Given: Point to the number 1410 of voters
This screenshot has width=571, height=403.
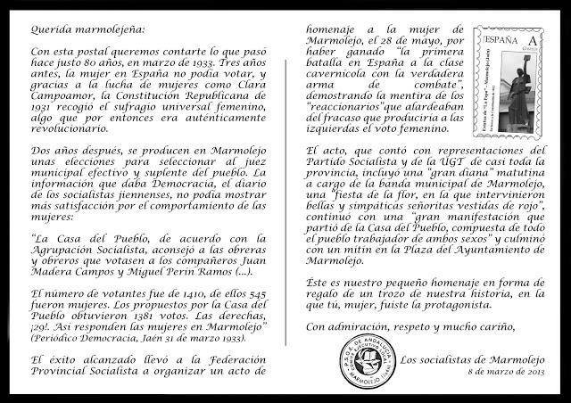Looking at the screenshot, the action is [x=161, y=293].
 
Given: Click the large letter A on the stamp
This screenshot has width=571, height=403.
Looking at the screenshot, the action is [x=534, y=42].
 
